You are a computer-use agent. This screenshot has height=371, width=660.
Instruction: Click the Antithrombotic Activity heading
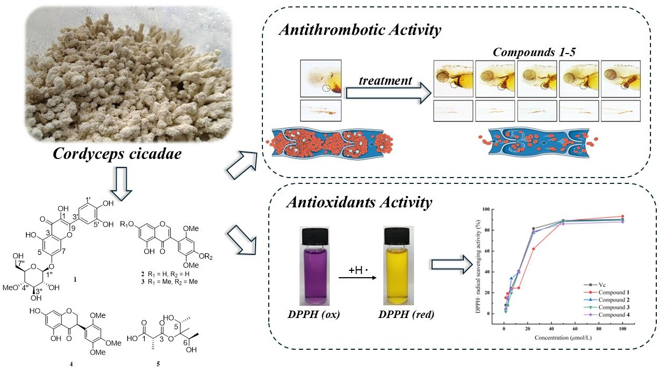coord(360,30)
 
